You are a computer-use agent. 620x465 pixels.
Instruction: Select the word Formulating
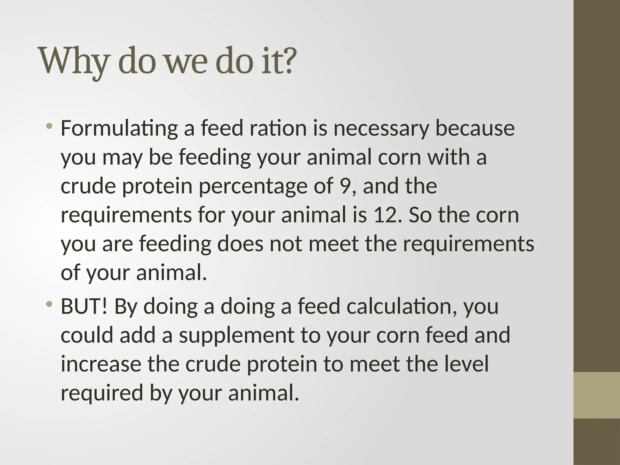(119, 129)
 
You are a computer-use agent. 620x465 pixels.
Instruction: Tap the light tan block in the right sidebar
(597, 395)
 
